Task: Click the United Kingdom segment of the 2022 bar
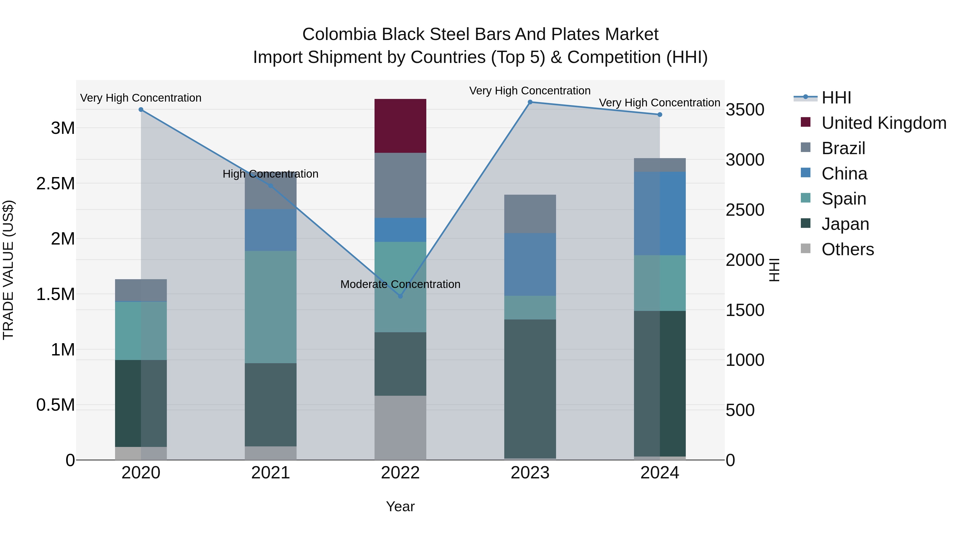[x=400, y=126]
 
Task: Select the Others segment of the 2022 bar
[x=400, y=427]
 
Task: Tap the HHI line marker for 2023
[x=530, y=102]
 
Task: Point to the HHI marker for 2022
[x=400, y=296]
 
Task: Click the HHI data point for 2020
[x=141, y=110]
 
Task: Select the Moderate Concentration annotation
[x=400, y=284]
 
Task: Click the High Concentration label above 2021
[x=270, y=174]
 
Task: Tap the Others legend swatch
[x=806, y=249]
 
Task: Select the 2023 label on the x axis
[x=530, y=473]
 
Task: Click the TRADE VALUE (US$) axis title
[x=8, y=270]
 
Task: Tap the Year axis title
[x=400, y=506]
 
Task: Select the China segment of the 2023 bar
[x=530, y=265]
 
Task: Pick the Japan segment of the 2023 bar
[x=530, y=389]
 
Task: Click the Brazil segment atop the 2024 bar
[x=660, y=165]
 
